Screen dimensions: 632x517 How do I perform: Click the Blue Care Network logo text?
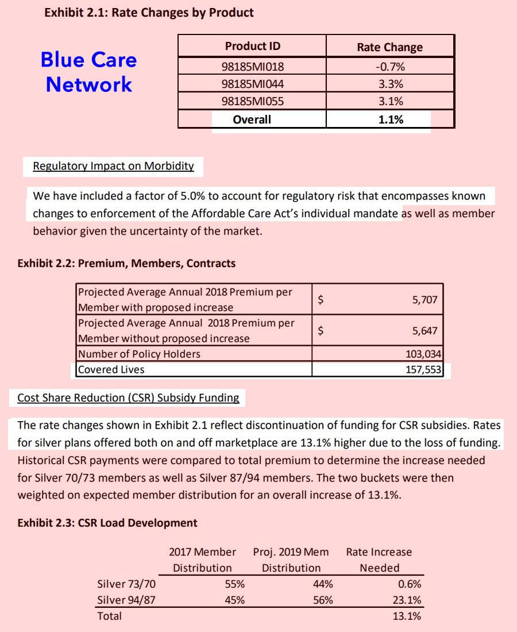coord(89,72)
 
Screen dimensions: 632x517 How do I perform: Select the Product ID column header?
coord(253,46)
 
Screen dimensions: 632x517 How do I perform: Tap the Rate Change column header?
coord(389,47)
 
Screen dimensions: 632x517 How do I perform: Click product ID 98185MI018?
coord(253,67)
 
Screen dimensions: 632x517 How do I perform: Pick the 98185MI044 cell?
coord(253,84)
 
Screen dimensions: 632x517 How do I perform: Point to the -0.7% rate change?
coord(390,67)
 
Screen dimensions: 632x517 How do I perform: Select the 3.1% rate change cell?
coord(391,102)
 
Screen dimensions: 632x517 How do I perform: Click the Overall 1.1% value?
coord(391,120)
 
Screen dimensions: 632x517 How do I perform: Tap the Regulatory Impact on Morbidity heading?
coord(113,166)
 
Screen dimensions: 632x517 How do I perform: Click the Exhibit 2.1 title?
coord(149,12)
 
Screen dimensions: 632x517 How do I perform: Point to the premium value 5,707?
coord(425,299)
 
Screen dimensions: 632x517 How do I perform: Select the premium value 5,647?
coord(425,330)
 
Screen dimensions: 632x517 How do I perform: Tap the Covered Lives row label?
coord(111,369)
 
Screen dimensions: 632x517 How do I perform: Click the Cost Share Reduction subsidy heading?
coord(128,397)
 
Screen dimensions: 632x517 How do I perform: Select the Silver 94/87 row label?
coord(126,600)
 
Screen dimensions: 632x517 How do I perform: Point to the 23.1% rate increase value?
coord(407,600)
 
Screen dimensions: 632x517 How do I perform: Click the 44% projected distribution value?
coord(323,584)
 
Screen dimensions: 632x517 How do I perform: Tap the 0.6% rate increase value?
coord(409,584)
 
